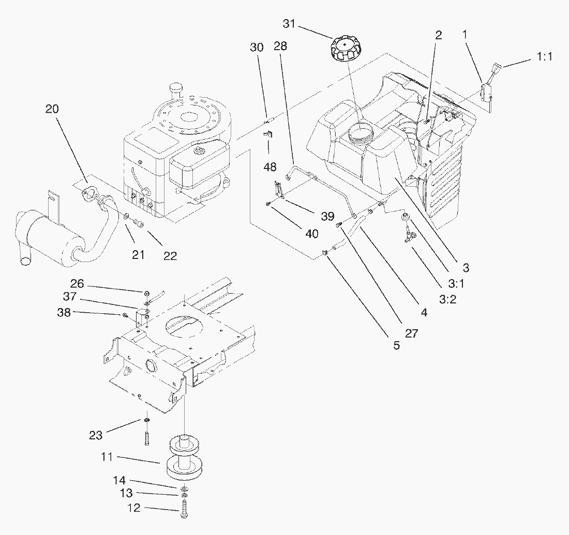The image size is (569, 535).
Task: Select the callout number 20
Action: click(52, 109)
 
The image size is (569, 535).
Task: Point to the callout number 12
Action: click(133, 508)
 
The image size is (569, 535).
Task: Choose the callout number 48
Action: click(270, 167)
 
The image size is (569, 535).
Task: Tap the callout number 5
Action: click(396, 345)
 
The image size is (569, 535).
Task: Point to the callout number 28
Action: click(280, 47)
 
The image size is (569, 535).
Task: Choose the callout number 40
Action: click(312, 233)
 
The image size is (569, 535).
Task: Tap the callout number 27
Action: click(411, 333)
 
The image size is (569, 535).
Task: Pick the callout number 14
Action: click(119, 481)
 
